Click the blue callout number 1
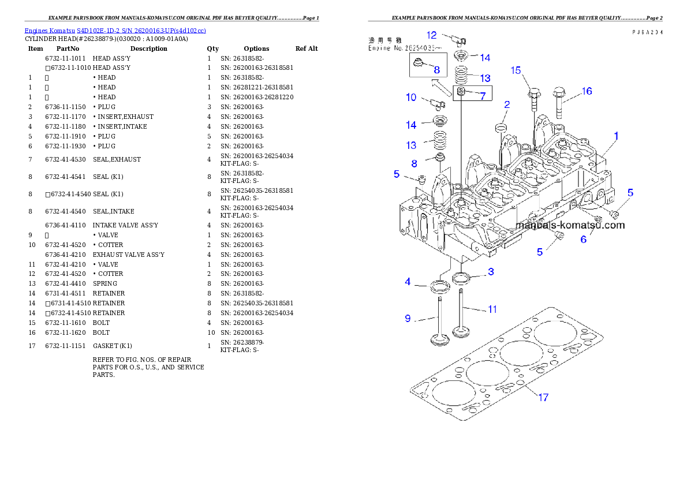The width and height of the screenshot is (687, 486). [x=616, y=136]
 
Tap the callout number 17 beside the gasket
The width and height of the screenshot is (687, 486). [x=543, y=397]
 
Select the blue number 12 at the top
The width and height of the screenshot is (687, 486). [x=432, y=35]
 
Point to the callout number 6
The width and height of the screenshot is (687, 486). [x=584, y=239]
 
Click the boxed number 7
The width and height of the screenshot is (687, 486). [x=482, y=96]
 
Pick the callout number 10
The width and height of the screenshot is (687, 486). [x=411, y=97]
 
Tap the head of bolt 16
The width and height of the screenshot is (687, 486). [x=559, y=92]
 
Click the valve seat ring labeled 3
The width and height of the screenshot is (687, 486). [x=461, y=278]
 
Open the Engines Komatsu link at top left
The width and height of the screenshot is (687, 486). [x=115, y=31]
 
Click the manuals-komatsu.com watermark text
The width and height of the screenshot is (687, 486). [x=570, y=225]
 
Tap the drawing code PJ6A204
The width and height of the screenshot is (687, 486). [x=647, y=32]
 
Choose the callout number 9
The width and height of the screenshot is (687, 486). [x=408, y=317]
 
